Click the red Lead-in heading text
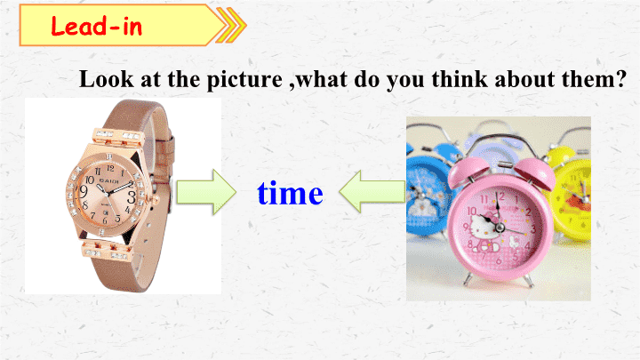point(96,26)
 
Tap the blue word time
point(290,193)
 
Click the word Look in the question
point(106,79)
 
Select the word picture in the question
point(244,80)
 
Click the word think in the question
point(460,79)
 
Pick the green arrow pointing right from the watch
point(206,192)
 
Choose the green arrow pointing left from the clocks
point(372,191)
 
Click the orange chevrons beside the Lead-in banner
point(231,25)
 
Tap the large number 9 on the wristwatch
point(84,191)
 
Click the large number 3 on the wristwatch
point(131,196)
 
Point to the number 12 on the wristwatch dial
point(110,168)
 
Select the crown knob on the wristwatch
point(156,200)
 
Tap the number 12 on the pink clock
point(500,196)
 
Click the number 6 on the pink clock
point(499,260)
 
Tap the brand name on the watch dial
point(108,180)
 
